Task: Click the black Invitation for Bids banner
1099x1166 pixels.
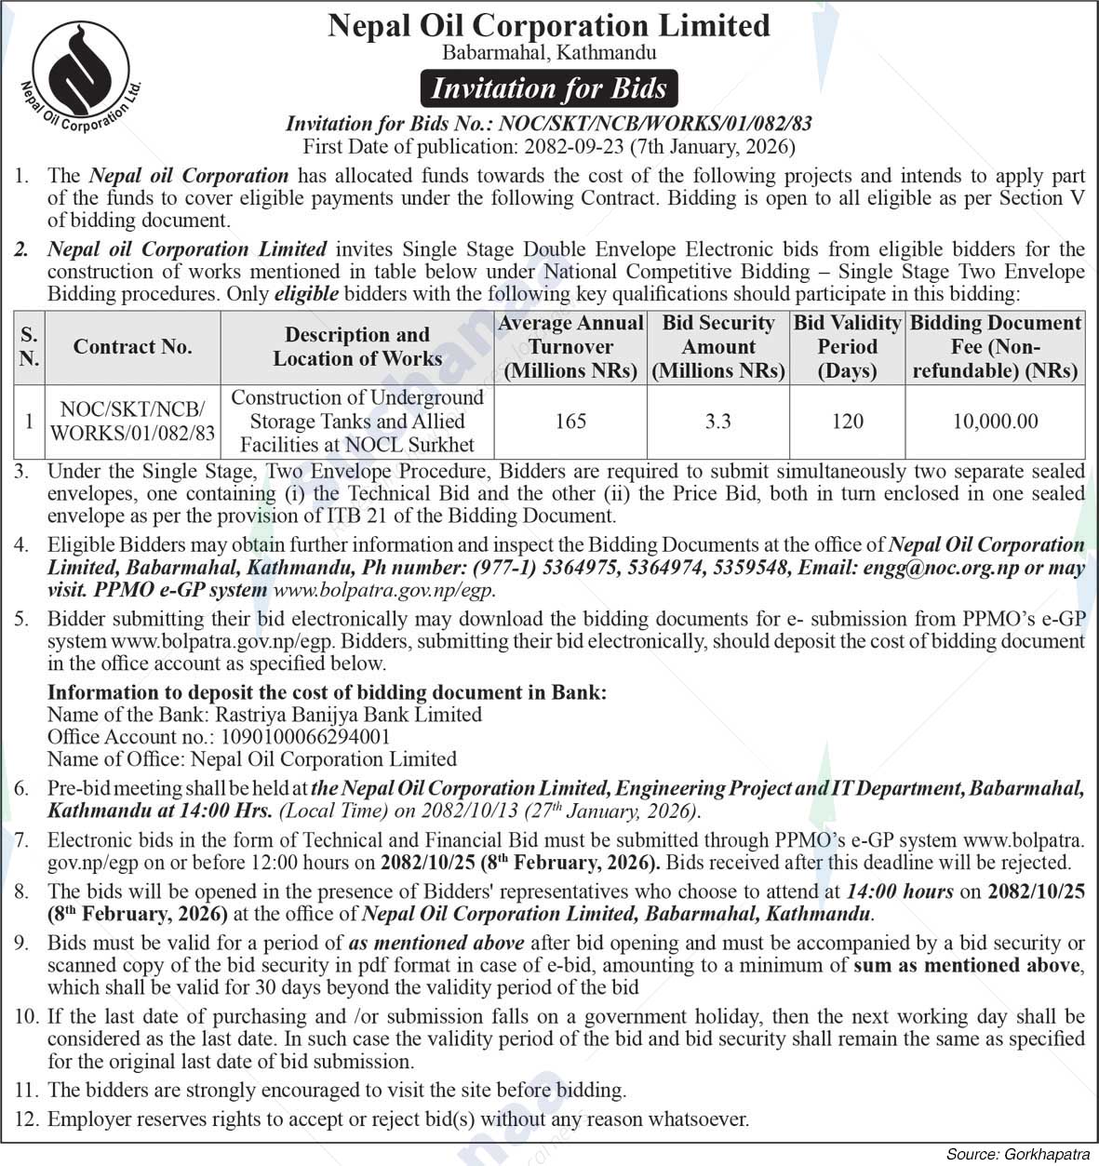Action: pyautogui.click(x=549, y=88)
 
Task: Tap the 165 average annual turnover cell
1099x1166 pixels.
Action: pyautogui.click(x=570, y=422)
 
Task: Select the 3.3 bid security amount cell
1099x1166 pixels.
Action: pyautogui.click(x=718, y=422)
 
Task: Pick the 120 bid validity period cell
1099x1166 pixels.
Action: pyautogui.click(x=847, y=422)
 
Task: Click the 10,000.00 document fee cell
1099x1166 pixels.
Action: pyautogui.click(x=995, y=422)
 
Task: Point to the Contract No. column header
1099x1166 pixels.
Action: pyautogui.click(x=133, y=347)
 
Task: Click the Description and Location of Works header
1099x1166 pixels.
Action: pyautogui.click(x=357, y=346)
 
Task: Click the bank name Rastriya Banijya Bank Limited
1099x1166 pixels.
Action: pyautogui.click(x=348, y=715)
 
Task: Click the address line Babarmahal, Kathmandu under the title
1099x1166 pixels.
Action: pyautogui.click(x=549, y=53)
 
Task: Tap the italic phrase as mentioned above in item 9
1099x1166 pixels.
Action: pyautogui.click(x=436, y=943)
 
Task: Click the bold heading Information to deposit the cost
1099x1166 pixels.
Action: pyautogui.click(x=327, y=692)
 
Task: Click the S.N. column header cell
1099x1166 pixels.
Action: pyautogui.click(x=30, y=347)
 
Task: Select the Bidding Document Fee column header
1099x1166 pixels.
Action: pyautogui.click(x=995, y=347)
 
